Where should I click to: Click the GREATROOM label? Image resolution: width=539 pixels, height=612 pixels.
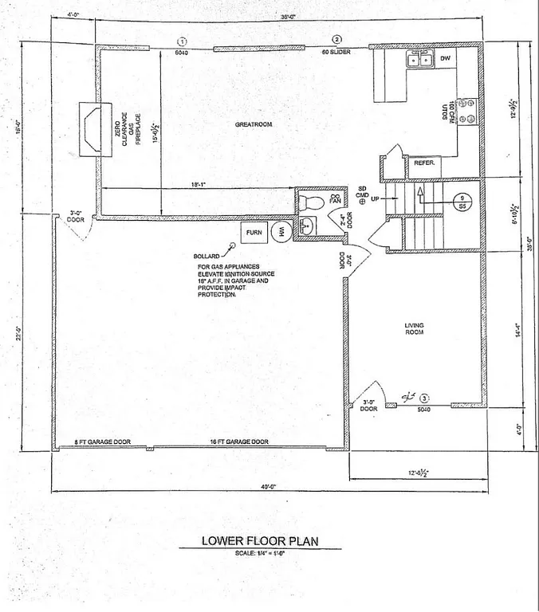pyautogui.click(x=249, y=124)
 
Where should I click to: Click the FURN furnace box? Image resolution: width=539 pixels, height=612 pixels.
pyautogui.click(x=254, y=232)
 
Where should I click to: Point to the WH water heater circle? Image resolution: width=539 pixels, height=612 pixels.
pyautogui.click(x=280, y=232)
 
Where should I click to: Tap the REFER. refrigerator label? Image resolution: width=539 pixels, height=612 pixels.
pyautogui.click(x=424, y=163)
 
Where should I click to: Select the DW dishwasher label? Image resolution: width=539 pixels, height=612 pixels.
pyautogui.click(x=447, y=58)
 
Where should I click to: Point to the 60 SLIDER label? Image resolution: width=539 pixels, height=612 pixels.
pyautogui.click(x=336, y=53)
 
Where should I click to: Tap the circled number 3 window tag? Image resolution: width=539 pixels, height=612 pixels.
pyautogui.click(x=424, y=398)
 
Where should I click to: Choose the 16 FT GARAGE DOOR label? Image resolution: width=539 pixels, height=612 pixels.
pyautogui.click(x=241, y=442)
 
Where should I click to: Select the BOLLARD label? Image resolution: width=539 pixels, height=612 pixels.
pyautogui.click(x=206, y=256)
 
